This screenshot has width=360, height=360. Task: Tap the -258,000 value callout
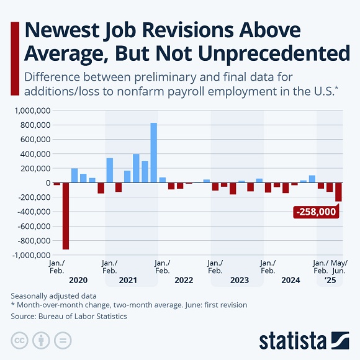[316, 212]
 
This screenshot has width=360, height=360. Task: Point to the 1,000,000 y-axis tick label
[30, 110]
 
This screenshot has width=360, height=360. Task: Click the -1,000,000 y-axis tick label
[29, 255]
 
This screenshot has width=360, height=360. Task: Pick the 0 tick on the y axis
[47, 182]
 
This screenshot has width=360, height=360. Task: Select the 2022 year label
[184, 281]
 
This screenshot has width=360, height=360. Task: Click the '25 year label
[330, 281]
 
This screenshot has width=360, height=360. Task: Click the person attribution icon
[41, 340]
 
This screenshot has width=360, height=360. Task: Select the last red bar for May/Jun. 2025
[338, 192]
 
